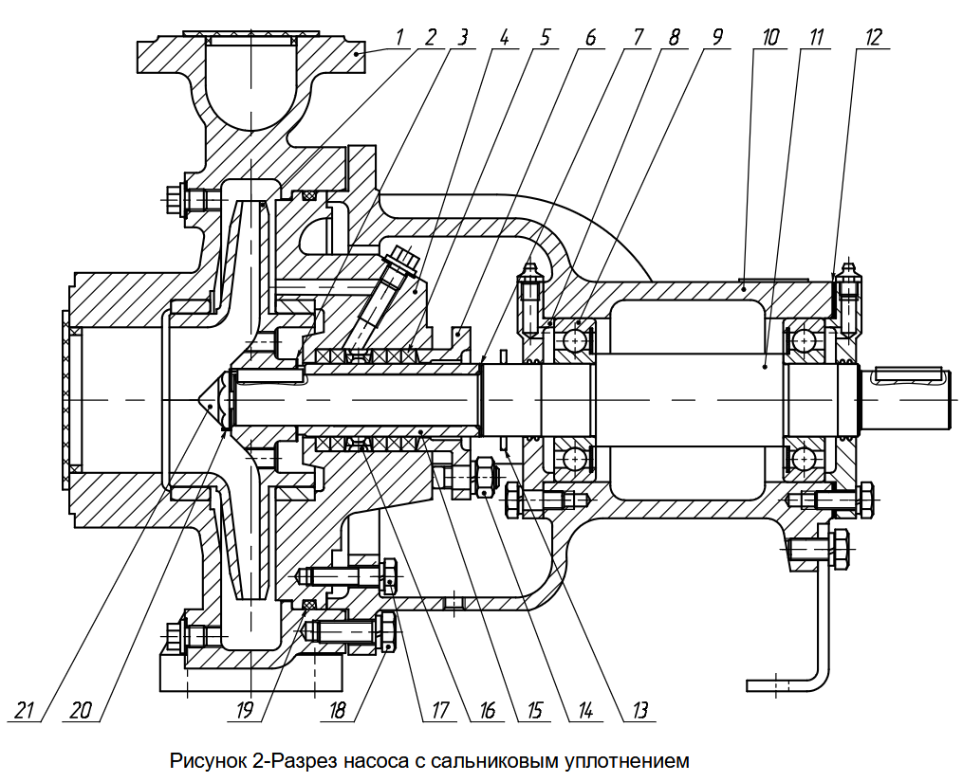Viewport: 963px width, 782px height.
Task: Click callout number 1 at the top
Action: (399, 37)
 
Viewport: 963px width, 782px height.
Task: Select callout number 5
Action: (545, 38)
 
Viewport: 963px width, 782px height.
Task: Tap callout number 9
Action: (717, 38)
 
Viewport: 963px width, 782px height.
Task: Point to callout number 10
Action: (769, 38)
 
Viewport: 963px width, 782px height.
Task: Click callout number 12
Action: (873, 38)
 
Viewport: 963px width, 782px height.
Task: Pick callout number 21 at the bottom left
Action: (25, 710)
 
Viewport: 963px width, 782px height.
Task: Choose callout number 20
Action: (80, 710)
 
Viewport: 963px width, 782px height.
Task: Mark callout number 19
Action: (244, 710)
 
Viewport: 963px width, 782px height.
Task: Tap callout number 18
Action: (337, 710)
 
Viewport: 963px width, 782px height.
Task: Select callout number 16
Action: (487, 710)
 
